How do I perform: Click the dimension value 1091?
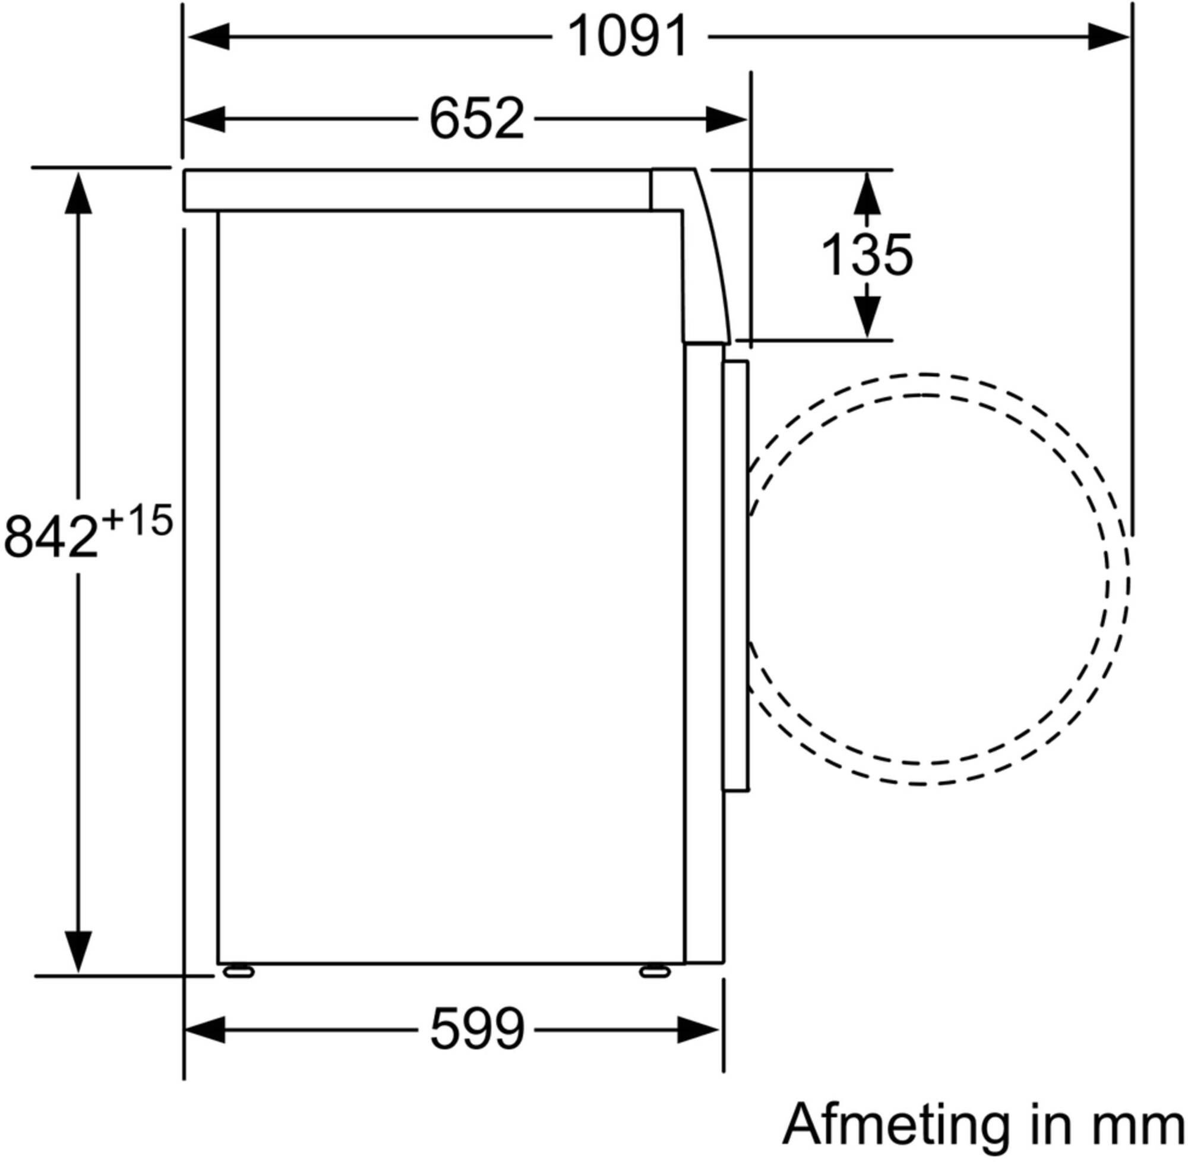(628, 37)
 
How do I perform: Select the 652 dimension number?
(476, 118)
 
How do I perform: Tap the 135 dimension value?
(867, 254)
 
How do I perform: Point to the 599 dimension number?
(477, 1030)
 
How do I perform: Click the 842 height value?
(51, 536)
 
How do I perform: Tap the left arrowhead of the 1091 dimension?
(208, 37)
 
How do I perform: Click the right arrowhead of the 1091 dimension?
(1107, 37)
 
